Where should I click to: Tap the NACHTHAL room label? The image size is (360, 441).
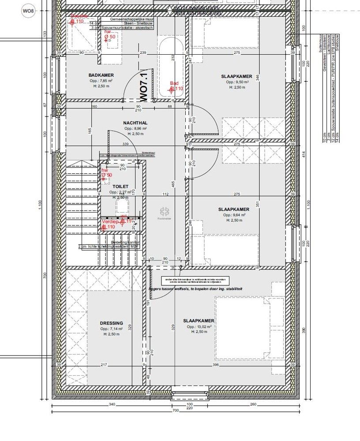pyautogui.click(x=135, y=123)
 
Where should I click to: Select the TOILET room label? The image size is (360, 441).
pyautogui.click(x=120, y=187)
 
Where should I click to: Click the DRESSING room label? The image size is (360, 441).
pyautogui.click(x=111, y=323)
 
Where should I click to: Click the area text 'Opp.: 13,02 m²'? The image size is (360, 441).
pyautogui.click(x=199, y=327)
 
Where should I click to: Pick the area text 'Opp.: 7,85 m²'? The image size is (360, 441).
pyautogui.click(x=101, y=81)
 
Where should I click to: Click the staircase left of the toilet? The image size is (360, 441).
pyautogui.click(x=82, y=198)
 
